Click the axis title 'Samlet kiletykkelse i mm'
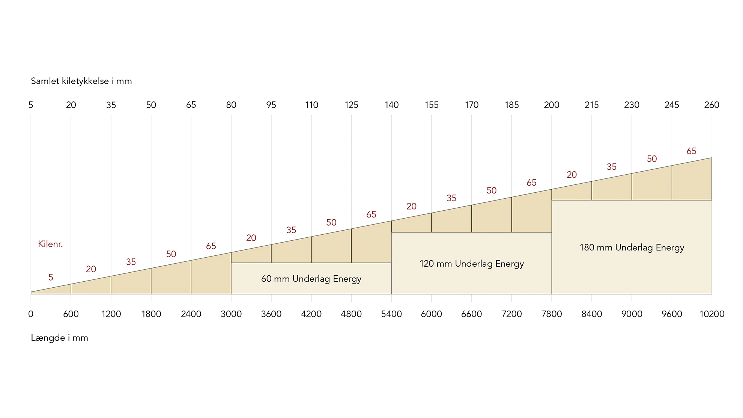pos(81,81)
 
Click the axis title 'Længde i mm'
pos(59,338)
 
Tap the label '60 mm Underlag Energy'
pos(311,279)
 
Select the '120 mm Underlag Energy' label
pos(471,264)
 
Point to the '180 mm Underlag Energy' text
pos(632,247)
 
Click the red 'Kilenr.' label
pos(50,244)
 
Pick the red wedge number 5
pos(51,277)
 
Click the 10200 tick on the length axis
pos(711,314)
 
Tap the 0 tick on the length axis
pos(31,314)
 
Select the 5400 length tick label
pos(391,314)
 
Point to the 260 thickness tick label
pos(711,105)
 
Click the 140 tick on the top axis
pos(391,105)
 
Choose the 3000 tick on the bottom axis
pos(231,314)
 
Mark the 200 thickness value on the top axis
pos(551,105)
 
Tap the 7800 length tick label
pos(551,314)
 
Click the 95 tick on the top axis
pos(271,105)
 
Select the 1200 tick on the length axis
pos(111,314)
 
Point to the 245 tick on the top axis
pos(671,105)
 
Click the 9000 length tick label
pos(632,314)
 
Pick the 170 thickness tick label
pos(471,105)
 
